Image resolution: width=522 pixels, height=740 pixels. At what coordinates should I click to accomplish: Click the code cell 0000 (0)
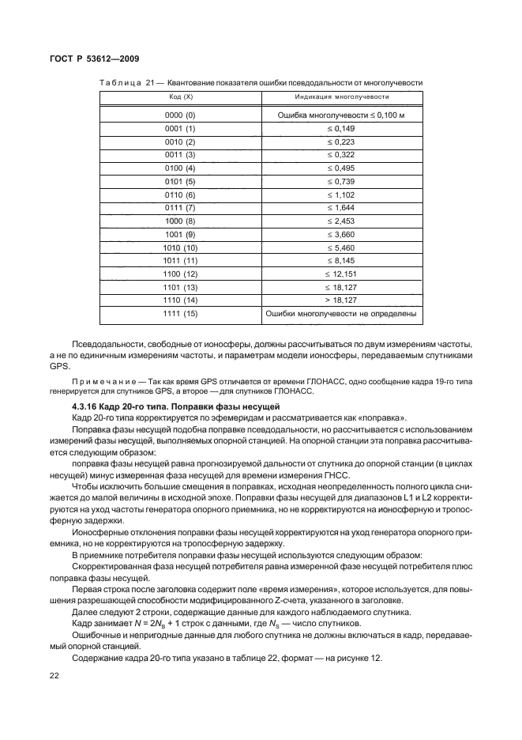pos(180,115)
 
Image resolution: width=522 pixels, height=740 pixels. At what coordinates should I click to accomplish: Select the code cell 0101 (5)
pos(180,182)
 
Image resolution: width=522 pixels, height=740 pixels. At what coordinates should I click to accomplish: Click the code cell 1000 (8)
pos(180,222)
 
